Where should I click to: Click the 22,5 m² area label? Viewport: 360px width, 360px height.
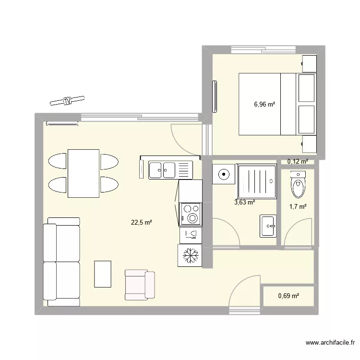pyautogui.click(x=141, y=222)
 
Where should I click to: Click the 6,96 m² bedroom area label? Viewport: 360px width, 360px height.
pyautogui.click(x=264, y=104)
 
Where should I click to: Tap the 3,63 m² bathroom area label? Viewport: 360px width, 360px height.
pyautogui.click(x=244, y=202)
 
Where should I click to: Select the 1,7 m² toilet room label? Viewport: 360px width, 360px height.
pyautogui.click(x=298, y=206)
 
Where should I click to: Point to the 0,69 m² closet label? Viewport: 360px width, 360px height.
pyautogui.click(x=288, y=296)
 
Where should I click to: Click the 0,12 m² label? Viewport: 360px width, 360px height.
pyautogui.click(x=298, y=162)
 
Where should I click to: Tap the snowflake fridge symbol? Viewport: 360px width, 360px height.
pyautogui.click(x=191, y=255)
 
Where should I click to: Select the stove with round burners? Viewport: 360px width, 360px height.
pyautogui.click(x=191, y=214)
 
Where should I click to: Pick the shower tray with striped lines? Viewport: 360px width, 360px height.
pyautogui.click(x=257, y=181)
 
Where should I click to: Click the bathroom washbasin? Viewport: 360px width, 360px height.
pyautogui.click(x=268, y=226)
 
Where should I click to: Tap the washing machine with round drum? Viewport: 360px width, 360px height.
pyautogui.click(x=223, y=174)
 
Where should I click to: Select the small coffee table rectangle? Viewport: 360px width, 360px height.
pyautogui.click(x=103, y=274)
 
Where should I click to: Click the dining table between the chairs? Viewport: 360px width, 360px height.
pyautogui.click(x=84, y=173)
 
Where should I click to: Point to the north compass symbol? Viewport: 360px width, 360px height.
pyautogui.click(x=67, y=100)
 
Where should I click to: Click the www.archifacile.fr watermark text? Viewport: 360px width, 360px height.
pyautogui.click(x=330, y=343)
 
